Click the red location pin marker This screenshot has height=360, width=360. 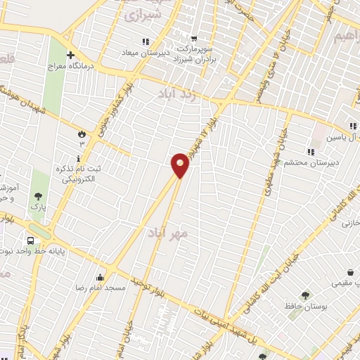click(181, 165)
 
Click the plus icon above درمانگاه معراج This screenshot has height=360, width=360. click(70, 55)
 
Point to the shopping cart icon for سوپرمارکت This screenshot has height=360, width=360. click(194, 39)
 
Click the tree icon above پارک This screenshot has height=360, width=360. click(37, 196)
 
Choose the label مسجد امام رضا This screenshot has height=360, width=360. click(101, 288)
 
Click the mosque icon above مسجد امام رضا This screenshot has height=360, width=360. click(101, 276)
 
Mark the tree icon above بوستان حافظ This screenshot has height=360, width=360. click(305, 295)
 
